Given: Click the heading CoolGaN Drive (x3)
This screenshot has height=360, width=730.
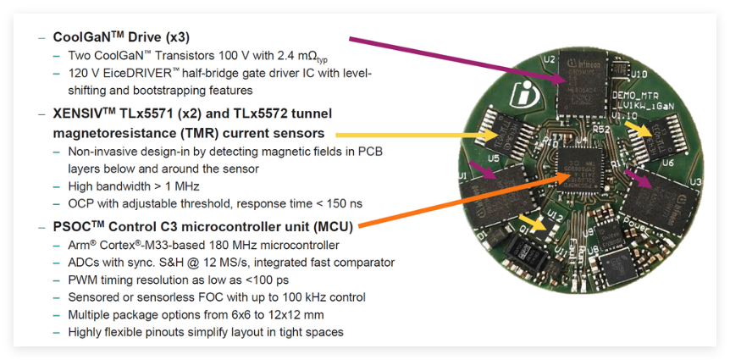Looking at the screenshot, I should pos(121,37).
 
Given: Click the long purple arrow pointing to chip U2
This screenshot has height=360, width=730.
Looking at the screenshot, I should pos(457,59).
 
